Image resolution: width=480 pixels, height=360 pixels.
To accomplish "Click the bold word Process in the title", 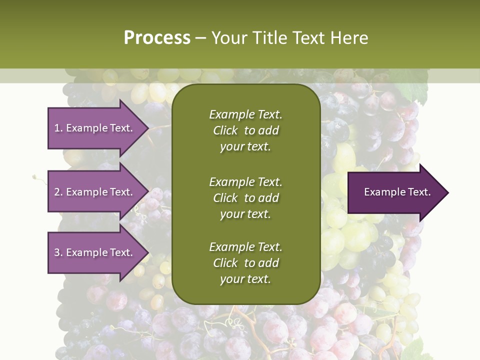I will coord(157,38).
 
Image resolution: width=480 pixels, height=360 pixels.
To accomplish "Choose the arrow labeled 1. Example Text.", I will coord(95,128).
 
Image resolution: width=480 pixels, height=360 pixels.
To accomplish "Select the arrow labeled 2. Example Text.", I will coord(95,192).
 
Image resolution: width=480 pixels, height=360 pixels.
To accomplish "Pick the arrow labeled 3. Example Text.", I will coord(95,252).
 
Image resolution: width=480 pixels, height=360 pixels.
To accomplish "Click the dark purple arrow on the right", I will coord(395,192).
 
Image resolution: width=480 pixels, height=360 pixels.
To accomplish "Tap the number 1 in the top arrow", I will coord(56,128).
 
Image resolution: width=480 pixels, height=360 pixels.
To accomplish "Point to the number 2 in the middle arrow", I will coord(57,192).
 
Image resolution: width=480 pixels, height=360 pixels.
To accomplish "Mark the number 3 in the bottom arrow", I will coord(57,252).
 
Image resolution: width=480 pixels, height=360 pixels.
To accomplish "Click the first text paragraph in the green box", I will coord(245,130).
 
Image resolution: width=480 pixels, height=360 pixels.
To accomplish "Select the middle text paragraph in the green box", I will coord(245,198).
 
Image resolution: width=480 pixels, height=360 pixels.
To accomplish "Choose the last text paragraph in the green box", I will coord(245,263).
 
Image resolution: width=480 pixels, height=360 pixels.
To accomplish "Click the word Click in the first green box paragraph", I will coord(225,130).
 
